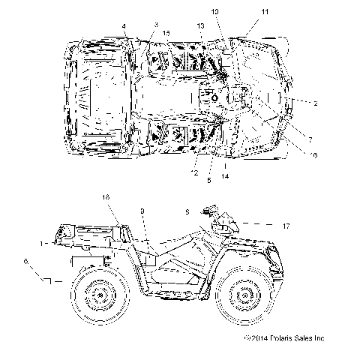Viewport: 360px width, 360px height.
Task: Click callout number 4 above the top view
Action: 124,26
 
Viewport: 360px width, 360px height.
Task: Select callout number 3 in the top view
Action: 156,25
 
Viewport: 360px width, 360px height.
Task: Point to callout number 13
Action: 201,27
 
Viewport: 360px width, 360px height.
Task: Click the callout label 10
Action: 214,13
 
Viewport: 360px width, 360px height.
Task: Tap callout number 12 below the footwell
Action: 194,173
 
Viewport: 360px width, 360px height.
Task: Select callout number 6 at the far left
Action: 27,262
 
